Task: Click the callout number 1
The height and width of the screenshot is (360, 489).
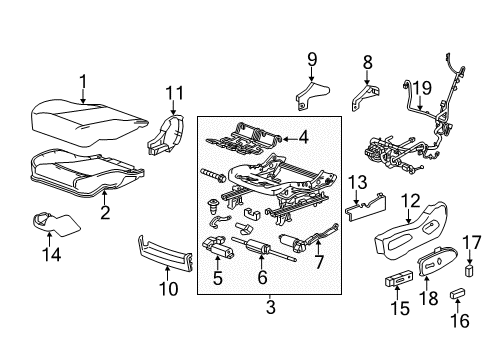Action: (84, 82)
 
